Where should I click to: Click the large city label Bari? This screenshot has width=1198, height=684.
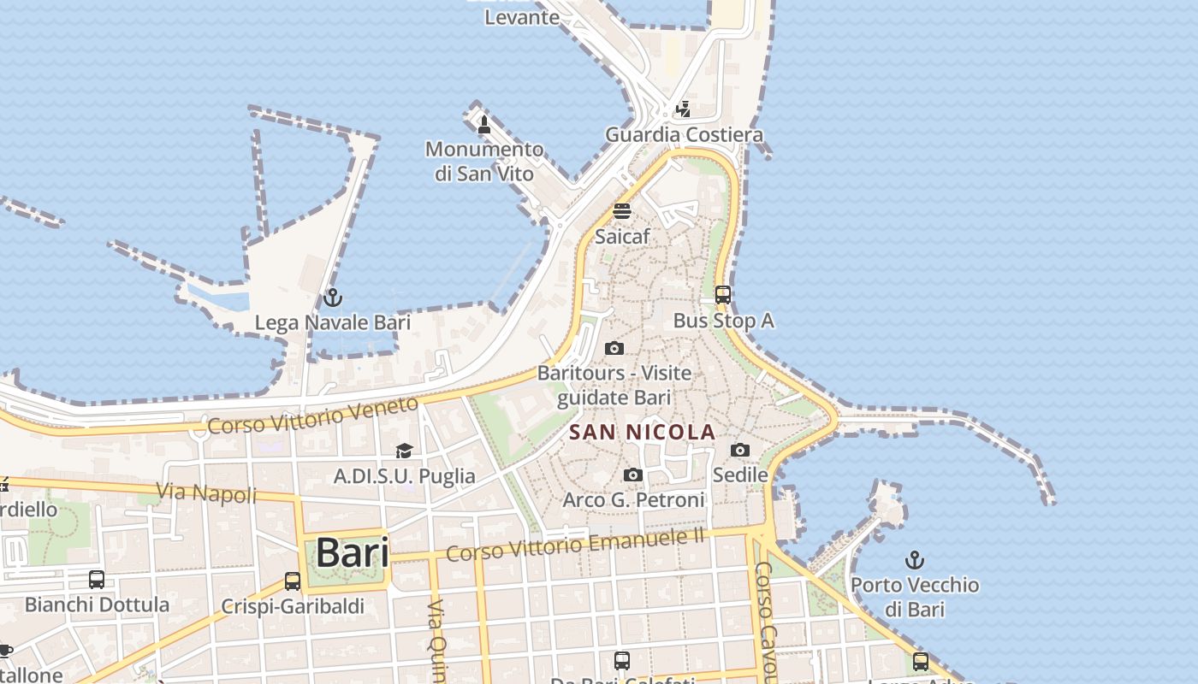pyautogui.click(x=352, y=553)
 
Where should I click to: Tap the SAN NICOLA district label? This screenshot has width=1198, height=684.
pyautogui.click(x=642, y=433)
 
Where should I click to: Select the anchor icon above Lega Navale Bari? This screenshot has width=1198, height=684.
pyautogui.click(x=332, y=298)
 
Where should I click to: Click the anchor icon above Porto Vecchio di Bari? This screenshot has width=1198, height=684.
pyautogui.click(x=915, y=560)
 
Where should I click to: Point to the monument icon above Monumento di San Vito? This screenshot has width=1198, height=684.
pyautogui.click(x=484, y=125)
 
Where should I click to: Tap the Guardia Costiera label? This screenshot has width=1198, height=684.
pyautogui.click(x=684, y=135)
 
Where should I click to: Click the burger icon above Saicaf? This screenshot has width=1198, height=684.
pyautogui.click(x=622, y=211)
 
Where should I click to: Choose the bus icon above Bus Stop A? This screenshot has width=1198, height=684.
pyautogui.click(x=723, y=295)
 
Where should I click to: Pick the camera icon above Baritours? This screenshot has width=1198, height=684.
pyautogui.click(x=614, y=348)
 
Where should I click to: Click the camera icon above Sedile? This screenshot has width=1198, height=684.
pyautogui.click(x=740, y=450)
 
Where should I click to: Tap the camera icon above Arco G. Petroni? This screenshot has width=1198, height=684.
pyautogui.click(x=633, y=475)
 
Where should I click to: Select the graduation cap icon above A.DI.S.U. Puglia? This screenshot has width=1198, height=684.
pyautogui.click(x=404, y=451)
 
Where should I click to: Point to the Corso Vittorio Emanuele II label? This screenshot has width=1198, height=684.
pyautogui.click(x=575, y=545)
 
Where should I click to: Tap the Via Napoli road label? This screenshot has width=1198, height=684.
pyautogui.click(x=206, y=493)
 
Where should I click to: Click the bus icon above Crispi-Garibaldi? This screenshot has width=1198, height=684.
pyautogui.click(x=293, y=581)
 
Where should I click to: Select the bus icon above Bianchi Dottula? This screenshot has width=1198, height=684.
pyautogui.click(x=97, y=580)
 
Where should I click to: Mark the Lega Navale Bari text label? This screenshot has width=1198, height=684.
pyautogui.click(x=332, y=322)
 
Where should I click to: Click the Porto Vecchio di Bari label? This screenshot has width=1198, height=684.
pyautogui.click(x=915, y=597)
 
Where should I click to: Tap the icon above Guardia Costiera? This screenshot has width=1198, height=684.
pyautogui.click(x=683, y=109)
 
